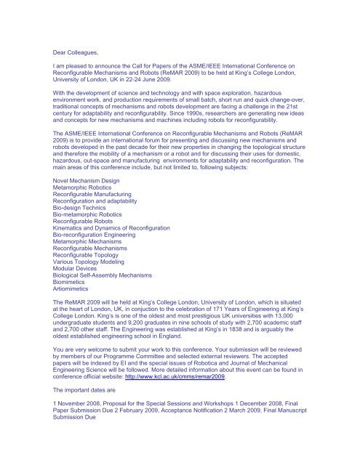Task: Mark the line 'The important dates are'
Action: [99, 393]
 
